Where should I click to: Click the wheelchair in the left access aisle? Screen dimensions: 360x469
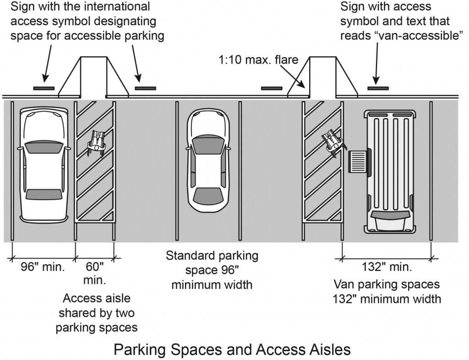tap(97, 140)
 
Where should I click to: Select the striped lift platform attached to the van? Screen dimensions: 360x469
tap(358, 162)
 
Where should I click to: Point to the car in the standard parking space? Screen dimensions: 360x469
tap(208, 161)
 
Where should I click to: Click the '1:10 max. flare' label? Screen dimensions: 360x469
tap(258, 60)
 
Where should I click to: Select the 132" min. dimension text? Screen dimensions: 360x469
tap(387, 267)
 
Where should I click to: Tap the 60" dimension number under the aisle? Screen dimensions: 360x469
tap(95, 266)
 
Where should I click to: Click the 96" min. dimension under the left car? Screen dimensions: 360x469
tap(44, 267)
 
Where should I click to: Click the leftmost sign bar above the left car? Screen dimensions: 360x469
tap(44, 88)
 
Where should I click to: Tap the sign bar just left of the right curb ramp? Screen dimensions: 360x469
tap(272, 88)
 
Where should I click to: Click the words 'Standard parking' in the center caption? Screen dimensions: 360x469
tap(212, 255)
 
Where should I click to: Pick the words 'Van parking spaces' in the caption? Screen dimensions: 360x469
tap(387, 284)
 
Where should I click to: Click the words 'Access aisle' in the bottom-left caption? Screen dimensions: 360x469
tap(96, 298)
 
